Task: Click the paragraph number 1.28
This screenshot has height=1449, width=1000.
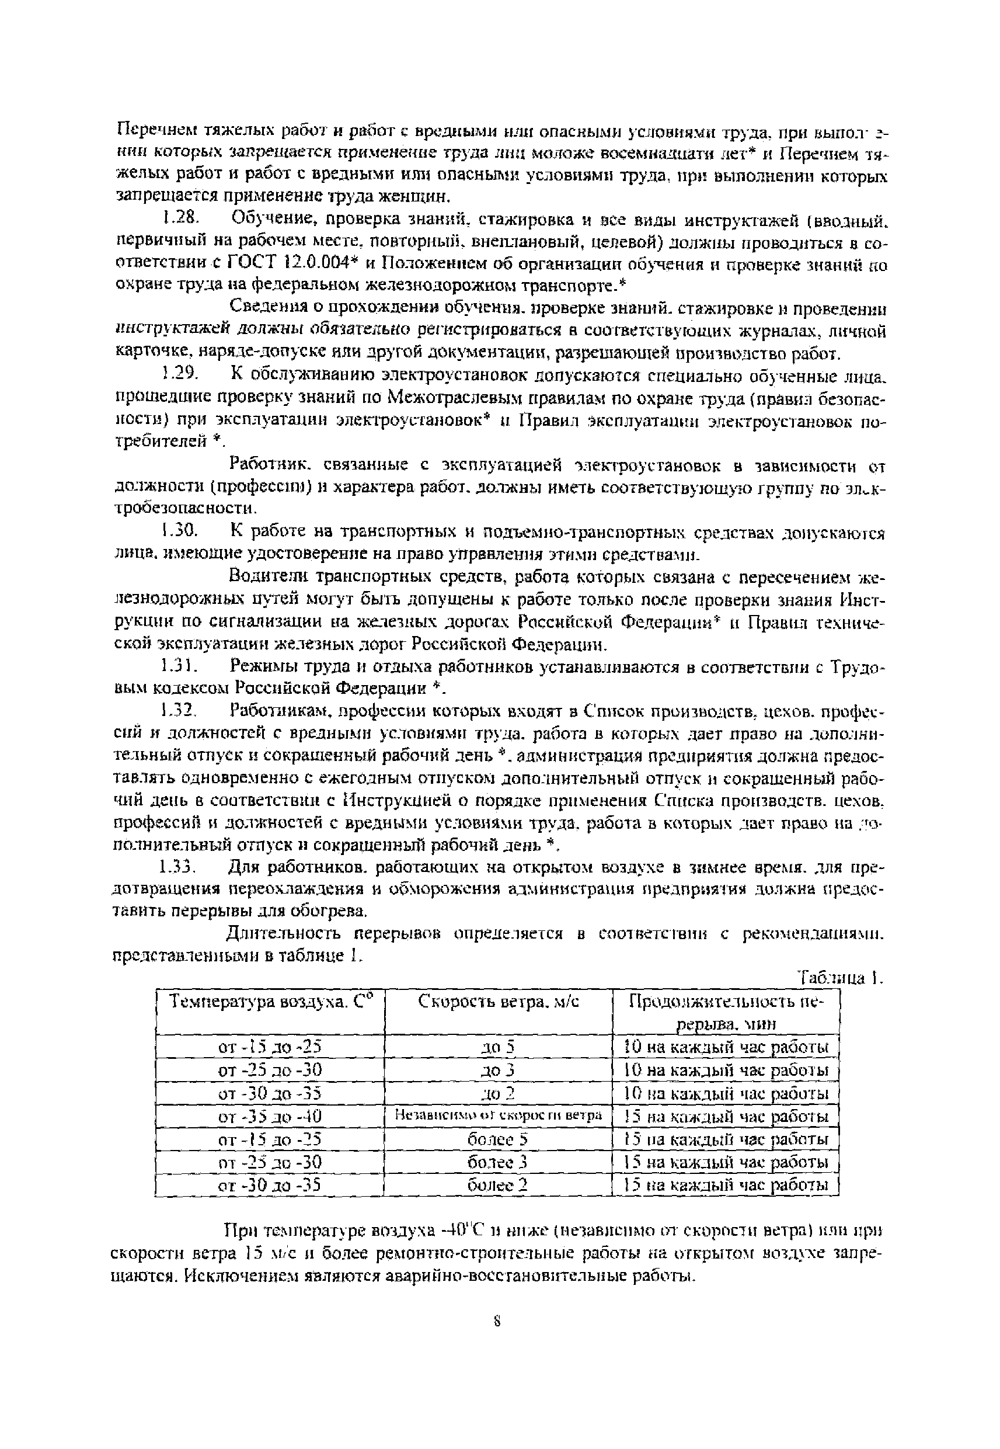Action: (180, 219)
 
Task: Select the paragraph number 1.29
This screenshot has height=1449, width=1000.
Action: (180, 376)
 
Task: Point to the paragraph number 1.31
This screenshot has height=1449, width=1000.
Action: (180, 666)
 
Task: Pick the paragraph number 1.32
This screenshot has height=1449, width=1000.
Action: (180, 711)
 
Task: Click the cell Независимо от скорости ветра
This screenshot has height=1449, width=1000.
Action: (499, 1116)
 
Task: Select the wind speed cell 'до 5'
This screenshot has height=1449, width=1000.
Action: (499, 1047)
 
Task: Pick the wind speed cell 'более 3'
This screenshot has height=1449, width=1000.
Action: (499, 1163)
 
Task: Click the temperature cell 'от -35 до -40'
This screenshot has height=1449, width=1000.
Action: (270, 1116)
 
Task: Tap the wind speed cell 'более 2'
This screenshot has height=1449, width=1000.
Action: (499, 1185)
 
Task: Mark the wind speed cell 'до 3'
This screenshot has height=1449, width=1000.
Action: (499, 1070)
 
